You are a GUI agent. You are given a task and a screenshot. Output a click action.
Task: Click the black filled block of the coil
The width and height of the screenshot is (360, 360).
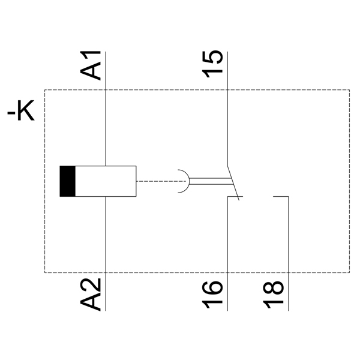(x=67, y=181)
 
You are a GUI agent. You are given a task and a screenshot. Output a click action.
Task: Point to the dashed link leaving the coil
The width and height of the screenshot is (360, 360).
(x=156, y=181)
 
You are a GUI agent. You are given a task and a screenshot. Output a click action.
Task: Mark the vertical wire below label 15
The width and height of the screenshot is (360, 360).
(x=227, y=120)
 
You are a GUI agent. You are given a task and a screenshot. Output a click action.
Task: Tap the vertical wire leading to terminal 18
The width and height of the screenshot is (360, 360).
(x=289, y=240)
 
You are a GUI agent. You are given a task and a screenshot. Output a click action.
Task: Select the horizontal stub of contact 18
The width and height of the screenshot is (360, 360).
(x=281, y=196)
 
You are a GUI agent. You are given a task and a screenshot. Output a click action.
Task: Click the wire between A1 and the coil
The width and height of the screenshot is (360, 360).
(x=106, y=126)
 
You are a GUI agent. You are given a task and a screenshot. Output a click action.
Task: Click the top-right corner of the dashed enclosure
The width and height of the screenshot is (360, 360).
(x=349, y=90)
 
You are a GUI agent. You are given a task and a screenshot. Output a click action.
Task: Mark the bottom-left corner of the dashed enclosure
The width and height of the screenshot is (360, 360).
(x=45, y=272)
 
